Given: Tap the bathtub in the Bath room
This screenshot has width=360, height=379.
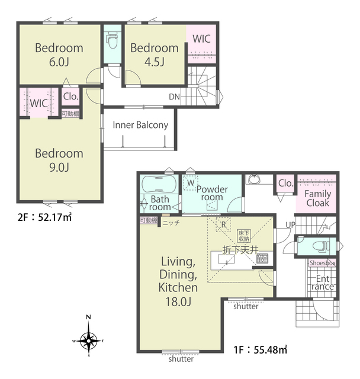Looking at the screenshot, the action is tap(159, 184).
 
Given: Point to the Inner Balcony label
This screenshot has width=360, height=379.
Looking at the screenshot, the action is tap(140, 125).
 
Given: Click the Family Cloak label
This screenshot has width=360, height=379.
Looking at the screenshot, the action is tap(318, 198).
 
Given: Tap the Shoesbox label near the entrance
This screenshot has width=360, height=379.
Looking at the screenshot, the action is tap(322, 263).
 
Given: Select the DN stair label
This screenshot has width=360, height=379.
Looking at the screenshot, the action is tap(175, 97).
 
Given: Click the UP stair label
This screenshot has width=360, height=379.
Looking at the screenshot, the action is tap(290, 225).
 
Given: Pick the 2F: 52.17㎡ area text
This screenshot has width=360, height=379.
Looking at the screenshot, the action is tap(44, 217).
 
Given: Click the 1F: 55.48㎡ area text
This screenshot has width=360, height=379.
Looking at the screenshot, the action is tap(260, 349).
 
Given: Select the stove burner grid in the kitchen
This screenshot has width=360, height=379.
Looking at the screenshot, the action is tap(262, 258).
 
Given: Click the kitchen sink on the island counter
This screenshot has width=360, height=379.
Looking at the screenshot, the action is tap(226, 259).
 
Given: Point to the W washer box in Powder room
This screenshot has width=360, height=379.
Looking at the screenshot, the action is tap(191, 183).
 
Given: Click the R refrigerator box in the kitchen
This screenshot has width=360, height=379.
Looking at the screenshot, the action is tap(223, 225).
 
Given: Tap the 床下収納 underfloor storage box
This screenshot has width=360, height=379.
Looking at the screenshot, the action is tap(243, 236).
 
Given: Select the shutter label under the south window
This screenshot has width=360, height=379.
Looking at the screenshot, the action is tap(181, 359).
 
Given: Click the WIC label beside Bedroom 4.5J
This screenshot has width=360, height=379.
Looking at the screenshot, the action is tap(201, 39).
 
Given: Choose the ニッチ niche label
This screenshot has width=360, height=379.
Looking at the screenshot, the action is tap(171, 223).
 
